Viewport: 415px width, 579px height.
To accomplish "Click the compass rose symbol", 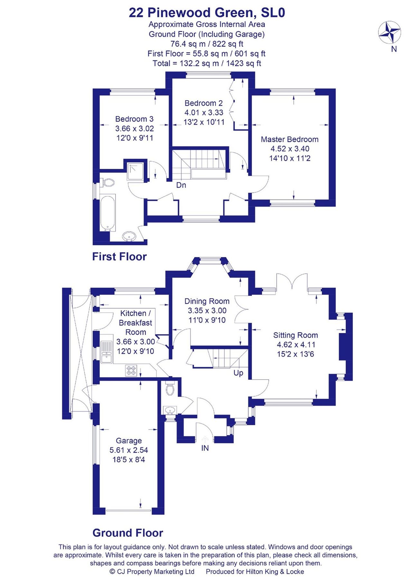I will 389,32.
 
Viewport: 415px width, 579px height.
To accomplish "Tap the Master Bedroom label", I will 289,139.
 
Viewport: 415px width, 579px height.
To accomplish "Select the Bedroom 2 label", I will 203,103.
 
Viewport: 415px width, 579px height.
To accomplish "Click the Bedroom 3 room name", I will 134,119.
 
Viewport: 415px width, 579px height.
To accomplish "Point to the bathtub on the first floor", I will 108,213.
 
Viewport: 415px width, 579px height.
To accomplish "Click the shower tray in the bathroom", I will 136,171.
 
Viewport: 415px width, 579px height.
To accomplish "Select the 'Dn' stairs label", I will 181,185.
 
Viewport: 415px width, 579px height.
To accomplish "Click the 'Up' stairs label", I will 238,373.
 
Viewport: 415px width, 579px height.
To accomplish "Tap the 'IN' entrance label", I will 205,448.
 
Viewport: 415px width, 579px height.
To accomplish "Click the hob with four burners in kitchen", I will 131,370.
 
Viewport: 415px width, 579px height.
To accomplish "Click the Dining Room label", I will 207,301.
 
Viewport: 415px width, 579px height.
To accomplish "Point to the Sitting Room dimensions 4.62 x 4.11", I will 295,345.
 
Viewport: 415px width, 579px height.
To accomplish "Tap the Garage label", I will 129,441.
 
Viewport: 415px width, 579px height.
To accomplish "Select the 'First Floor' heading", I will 119,257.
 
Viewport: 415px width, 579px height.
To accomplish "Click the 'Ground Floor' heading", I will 128,533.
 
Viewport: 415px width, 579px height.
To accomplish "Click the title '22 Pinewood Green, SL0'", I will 207,13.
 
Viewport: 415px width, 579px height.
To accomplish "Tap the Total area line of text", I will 207,63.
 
